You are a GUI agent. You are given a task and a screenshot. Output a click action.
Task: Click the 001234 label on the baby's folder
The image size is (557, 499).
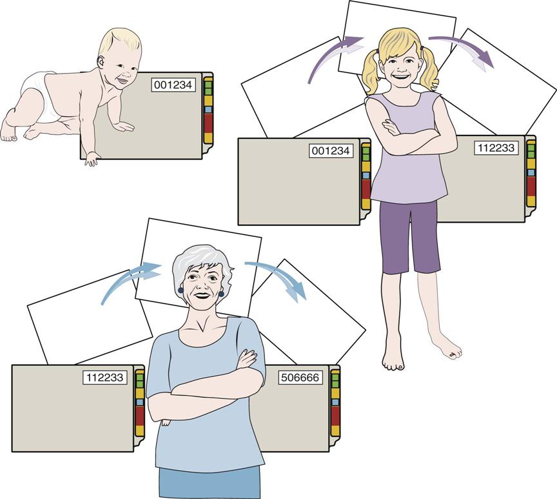coord(173,85)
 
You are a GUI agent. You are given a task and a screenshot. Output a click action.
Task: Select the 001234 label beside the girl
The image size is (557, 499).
coord(331,151)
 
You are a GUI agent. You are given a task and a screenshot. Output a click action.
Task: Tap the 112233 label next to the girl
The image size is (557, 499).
coord(496,148)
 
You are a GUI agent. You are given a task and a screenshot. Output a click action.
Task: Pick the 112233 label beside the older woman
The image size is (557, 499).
coord(105,378)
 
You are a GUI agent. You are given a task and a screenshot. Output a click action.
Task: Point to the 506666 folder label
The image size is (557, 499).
coord(300,378)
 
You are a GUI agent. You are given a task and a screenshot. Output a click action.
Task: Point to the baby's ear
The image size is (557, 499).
coord(102,63)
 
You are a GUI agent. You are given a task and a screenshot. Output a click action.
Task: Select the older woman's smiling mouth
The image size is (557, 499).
coord(202,296)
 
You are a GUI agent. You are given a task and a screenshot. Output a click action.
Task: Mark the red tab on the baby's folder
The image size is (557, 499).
coord(208,123)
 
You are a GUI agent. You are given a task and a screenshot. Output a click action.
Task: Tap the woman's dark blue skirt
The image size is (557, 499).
coord(210,483)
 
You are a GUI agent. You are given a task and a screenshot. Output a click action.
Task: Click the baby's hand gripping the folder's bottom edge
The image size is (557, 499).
coord(92,159)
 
